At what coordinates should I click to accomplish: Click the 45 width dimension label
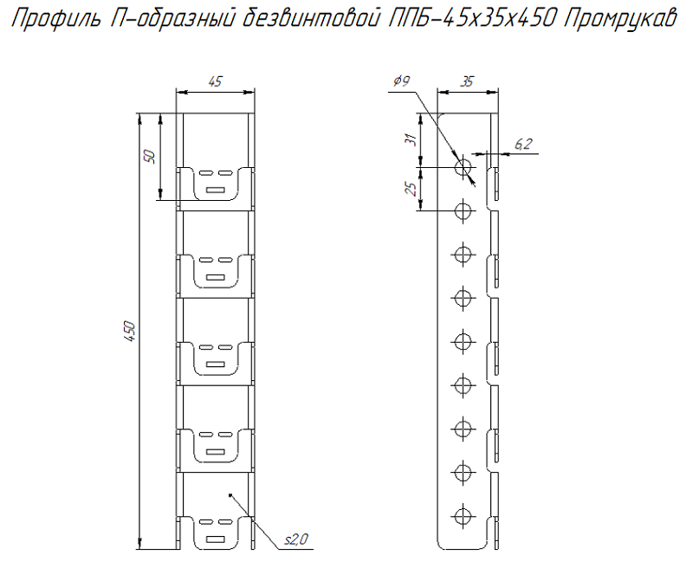(x=215, y=81)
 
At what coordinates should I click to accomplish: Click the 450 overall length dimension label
(x=129, y=331)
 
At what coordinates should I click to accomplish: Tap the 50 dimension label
(x=151, y=157)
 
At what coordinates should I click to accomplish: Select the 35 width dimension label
(x=467, y=81)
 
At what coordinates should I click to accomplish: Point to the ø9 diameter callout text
(x=402, y=81)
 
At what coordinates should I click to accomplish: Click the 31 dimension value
(x=411, y=140)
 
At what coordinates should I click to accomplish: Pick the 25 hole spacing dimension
(x=411, y=189)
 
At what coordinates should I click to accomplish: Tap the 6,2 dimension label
(x=524, y=144)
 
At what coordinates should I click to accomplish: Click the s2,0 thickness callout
(x=296, y=539)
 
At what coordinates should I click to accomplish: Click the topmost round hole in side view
(x=463, y=167)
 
